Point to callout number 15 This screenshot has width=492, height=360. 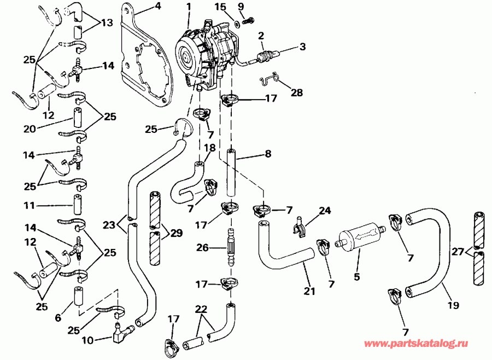click(x=220, y=6)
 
